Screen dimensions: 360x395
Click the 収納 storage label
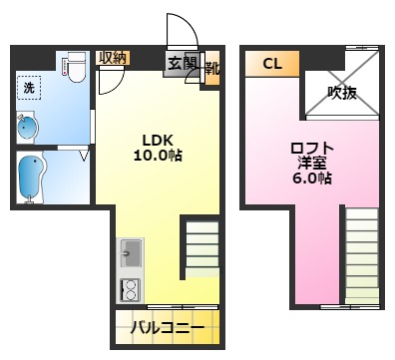(113, 58)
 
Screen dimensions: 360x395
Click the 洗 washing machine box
(30, 88)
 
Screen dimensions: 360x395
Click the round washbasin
(27, 128)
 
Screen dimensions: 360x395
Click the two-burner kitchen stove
(130, 289)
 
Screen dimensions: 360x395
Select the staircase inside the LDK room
(199, 250)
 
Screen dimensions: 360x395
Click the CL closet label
(272, 63)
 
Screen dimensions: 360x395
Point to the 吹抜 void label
(341, 93)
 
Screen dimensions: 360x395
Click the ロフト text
(311, 148)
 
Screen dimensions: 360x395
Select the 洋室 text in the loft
(311, 163)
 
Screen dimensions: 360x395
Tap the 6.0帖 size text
(311, 179)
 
